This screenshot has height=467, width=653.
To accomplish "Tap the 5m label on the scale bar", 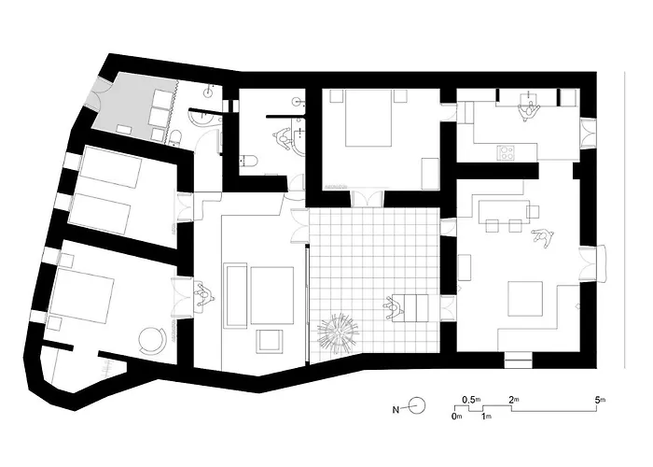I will pos(600,400).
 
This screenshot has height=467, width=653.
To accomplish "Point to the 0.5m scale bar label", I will pos(472,400).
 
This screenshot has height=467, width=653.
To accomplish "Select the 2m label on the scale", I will pos(513,400).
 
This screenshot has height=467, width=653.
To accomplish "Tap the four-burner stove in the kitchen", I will pos(507,151).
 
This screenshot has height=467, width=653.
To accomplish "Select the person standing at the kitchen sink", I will pos(529,108).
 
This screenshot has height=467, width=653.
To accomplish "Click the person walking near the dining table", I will pos(541,238).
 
